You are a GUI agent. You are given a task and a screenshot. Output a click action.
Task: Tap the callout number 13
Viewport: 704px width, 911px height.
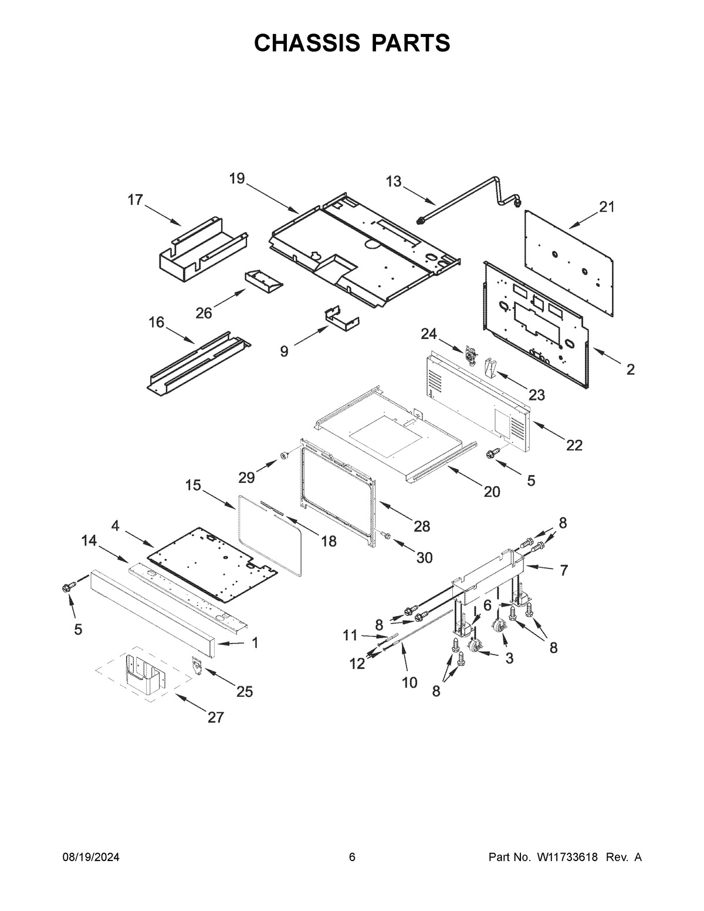point(393,181)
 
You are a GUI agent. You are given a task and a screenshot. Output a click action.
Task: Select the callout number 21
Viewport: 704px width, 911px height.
point(606,207)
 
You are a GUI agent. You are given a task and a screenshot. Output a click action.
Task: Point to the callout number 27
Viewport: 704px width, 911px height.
point(215,718)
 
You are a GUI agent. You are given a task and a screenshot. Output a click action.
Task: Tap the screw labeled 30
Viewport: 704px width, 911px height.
point(385,536)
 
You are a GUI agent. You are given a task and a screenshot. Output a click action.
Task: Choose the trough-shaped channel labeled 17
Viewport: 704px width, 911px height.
point(203,249)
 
